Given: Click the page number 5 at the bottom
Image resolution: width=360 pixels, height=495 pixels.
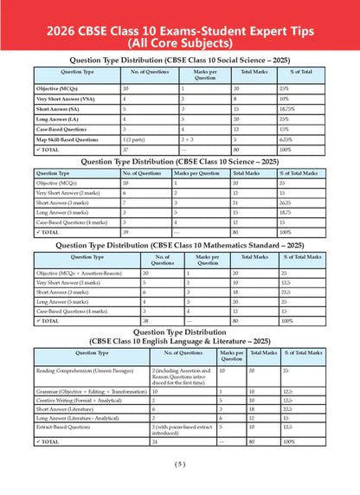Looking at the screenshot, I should [x=180, y=485].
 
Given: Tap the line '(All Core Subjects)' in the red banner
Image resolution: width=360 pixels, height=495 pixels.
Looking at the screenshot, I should [x=180, y=41].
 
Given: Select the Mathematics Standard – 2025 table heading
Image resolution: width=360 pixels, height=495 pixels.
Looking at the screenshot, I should [x=180, y=246].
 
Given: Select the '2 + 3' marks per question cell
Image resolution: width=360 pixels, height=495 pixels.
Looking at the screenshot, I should [x=189, y=139].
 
